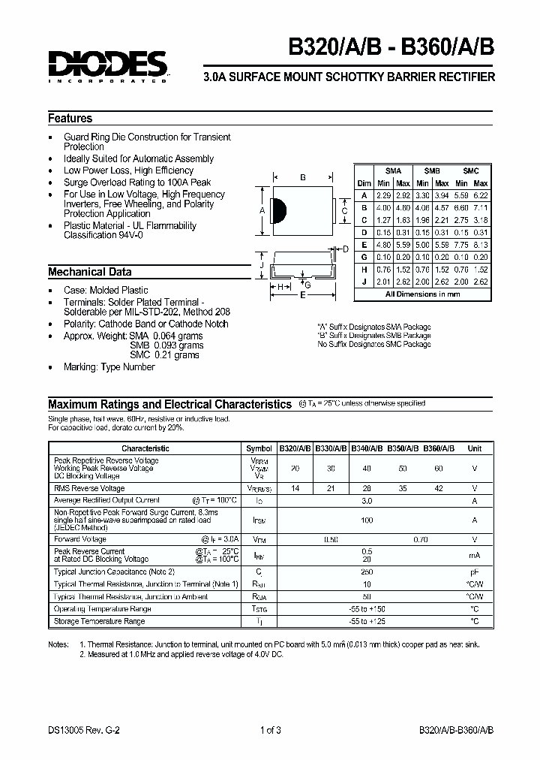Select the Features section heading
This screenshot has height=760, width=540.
(70, 119)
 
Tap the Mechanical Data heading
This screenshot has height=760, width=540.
(90, 272)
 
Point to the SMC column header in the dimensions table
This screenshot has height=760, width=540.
(471, 171)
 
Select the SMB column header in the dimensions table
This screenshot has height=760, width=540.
(432, 171)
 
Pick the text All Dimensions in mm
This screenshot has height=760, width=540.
(422, 294)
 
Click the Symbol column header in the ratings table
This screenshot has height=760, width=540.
(259, 448)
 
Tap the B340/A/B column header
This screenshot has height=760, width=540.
(367, 448)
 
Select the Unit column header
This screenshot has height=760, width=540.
(474, 448)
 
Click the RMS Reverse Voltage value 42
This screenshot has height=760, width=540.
(439, 488)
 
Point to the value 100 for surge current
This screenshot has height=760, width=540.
(367, 519)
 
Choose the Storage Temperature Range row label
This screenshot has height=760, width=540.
(100, 621)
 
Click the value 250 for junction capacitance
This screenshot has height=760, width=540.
(367, 571)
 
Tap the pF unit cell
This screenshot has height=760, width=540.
(474, 571)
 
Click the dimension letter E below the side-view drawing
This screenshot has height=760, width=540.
(302, 295)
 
